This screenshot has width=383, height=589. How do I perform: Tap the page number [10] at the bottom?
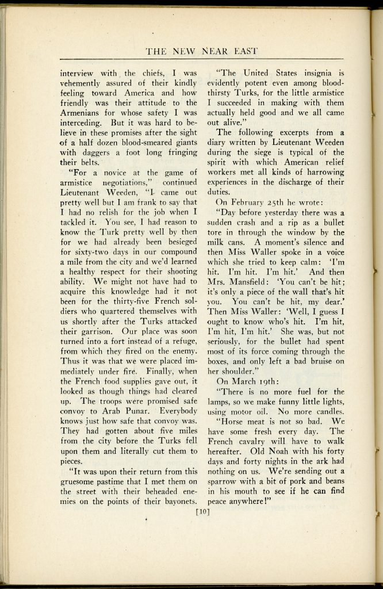pos(202,510)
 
